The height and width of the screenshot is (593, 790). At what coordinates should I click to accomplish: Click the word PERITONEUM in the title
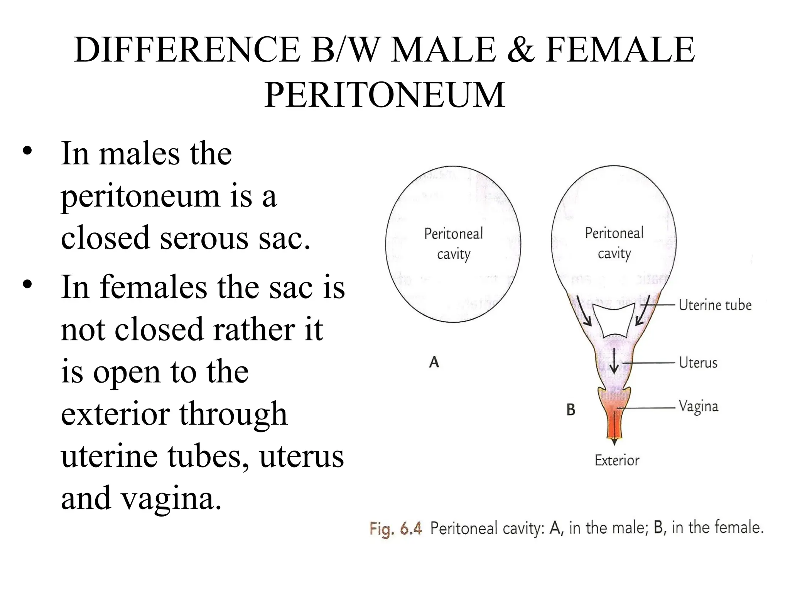(x=385, y=95)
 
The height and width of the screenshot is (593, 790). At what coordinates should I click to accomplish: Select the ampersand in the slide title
(x=521, y=50)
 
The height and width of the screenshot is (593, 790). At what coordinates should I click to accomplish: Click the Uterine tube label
(x=715, y=305)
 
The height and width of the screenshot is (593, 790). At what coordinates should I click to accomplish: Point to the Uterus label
(x=698, y=363)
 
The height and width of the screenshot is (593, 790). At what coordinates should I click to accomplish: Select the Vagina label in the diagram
(x=698, y=407)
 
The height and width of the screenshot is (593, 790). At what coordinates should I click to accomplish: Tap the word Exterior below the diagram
(x=616, y=460)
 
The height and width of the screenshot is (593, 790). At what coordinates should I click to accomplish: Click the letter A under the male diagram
(x=434, y=362)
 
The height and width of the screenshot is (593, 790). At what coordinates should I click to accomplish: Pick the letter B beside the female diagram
(x=571, y=410)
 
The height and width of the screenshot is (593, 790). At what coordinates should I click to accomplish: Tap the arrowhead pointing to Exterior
(x=614, y=442)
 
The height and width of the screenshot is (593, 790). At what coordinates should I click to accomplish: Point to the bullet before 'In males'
(x=27, y=152)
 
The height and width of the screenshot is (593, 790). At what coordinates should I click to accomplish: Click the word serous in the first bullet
(x=204, y=237)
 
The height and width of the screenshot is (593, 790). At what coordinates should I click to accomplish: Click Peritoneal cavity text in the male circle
(x=453, y=244)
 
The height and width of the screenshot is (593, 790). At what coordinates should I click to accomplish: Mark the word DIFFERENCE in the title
(x=187, y=50)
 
